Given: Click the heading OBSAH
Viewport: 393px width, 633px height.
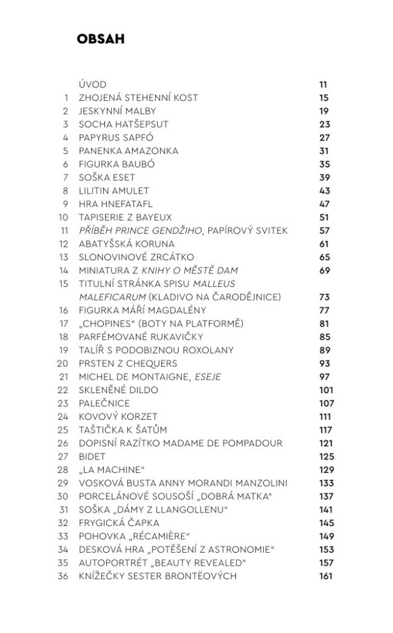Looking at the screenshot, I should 100,39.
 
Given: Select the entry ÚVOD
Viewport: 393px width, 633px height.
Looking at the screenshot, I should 92,84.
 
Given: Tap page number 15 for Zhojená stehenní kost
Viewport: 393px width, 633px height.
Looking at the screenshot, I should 324,97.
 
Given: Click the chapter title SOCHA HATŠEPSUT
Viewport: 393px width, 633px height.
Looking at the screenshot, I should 123,124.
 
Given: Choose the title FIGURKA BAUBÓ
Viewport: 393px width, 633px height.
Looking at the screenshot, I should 116,164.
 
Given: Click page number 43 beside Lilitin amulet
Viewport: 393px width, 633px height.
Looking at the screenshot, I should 325,191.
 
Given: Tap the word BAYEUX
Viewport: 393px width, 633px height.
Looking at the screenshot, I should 153,217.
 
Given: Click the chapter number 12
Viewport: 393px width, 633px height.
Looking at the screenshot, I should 63,244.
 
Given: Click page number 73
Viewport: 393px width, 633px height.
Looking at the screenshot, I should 325,297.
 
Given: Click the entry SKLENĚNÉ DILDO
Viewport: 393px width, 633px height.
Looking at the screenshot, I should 118,390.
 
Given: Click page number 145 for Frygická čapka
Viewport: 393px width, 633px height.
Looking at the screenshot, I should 326,523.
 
